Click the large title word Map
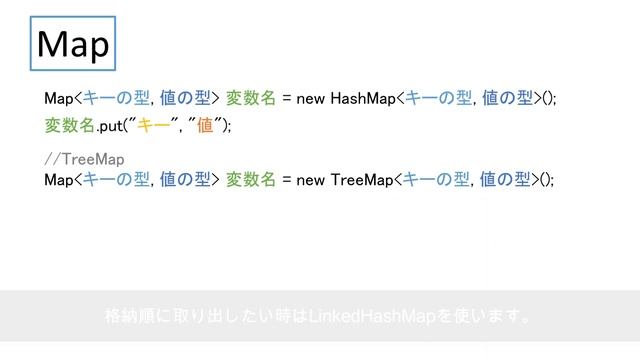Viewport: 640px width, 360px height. click(72, 45)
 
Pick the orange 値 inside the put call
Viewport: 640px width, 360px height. click(205, 125)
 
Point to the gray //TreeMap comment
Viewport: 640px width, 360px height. click(85, 160)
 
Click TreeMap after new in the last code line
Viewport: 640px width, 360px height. click(361, 179)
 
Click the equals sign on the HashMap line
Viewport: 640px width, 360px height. click(287, 98)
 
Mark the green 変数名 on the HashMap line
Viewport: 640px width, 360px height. click(251, 98)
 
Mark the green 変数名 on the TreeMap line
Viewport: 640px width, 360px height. click(251, 179)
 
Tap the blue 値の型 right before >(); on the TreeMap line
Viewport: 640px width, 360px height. click(507, 179)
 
